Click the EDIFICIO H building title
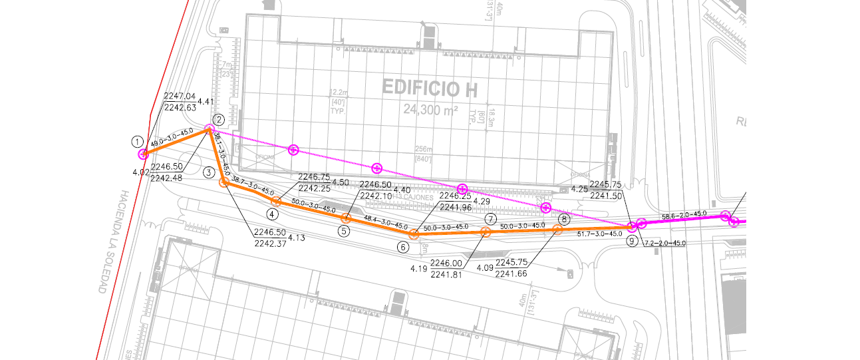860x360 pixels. (x=430, y=87)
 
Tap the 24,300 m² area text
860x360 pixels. (x=430, y=109)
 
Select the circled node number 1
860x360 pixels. (x=137, y=141)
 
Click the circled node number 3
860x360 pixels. (x=209, y=172)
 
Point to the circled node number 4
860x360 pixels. (x=273, y=214)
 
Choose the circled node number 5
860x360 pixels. (x=343, y=231)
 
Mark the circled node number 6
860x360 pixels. (x=403, y=247)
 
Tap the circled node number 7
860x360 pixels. (x=490, y=218)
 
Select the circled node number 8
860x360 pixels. (x=564, y=218)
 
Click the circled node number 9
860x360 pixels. (x=631, y=241)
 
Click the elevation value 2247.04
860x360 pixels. (x=180, y=96)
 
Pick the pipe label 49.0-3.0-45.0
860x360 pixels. (x=172, y=138)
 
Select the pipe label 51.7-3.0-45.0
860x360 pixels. (x=600, y=234)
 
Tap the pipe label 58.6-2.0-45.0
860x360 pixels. (x=684, y=214)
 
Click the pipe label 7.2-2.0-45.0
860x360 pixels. (x=664, y=244)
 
